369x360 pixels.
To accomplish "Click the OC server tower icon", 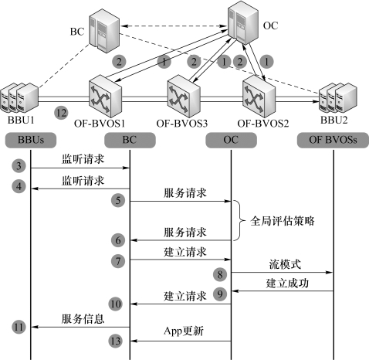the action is (243, 22).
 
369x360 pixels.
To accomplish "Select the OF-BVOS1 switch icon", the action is (105, 96).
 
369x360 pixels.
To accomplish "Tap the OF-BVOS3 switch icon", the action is (184, 96).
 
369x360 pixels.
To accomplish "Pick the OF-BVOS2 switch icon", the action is (259, 96).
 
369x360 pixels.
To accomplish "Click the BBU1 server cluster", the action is (19, 98).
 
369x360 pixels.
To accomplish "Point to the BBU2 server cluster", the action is (338, 98).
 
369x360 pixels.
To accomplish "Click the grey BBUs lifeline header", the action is (31, 140).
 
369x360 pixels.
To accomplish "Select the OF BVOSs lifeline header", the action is (333, 140).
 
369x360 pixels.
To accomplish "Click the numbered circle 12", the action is (61, 113).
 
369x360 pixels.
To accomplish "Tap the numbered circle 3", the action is (19, 165).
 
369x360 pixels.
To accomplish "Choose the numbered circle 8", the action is (220, 274).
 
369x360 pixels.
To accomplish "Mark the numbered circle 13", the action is (115, 341).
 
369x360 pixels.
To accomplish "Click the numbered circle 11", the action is (19, 327).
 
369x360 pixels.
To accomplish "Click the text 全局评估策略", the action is (283, 221).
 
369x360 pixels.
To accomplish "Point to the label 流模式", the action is (285, 264).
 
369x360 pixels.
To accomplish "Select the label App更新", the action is (184, 331).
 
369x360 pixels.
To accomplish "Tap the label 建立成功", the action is (287, 283).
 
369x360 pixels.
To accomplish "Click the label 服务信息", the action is (83, 319).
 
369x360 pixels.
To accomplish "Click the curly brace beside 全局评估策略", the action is (240, 220).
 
